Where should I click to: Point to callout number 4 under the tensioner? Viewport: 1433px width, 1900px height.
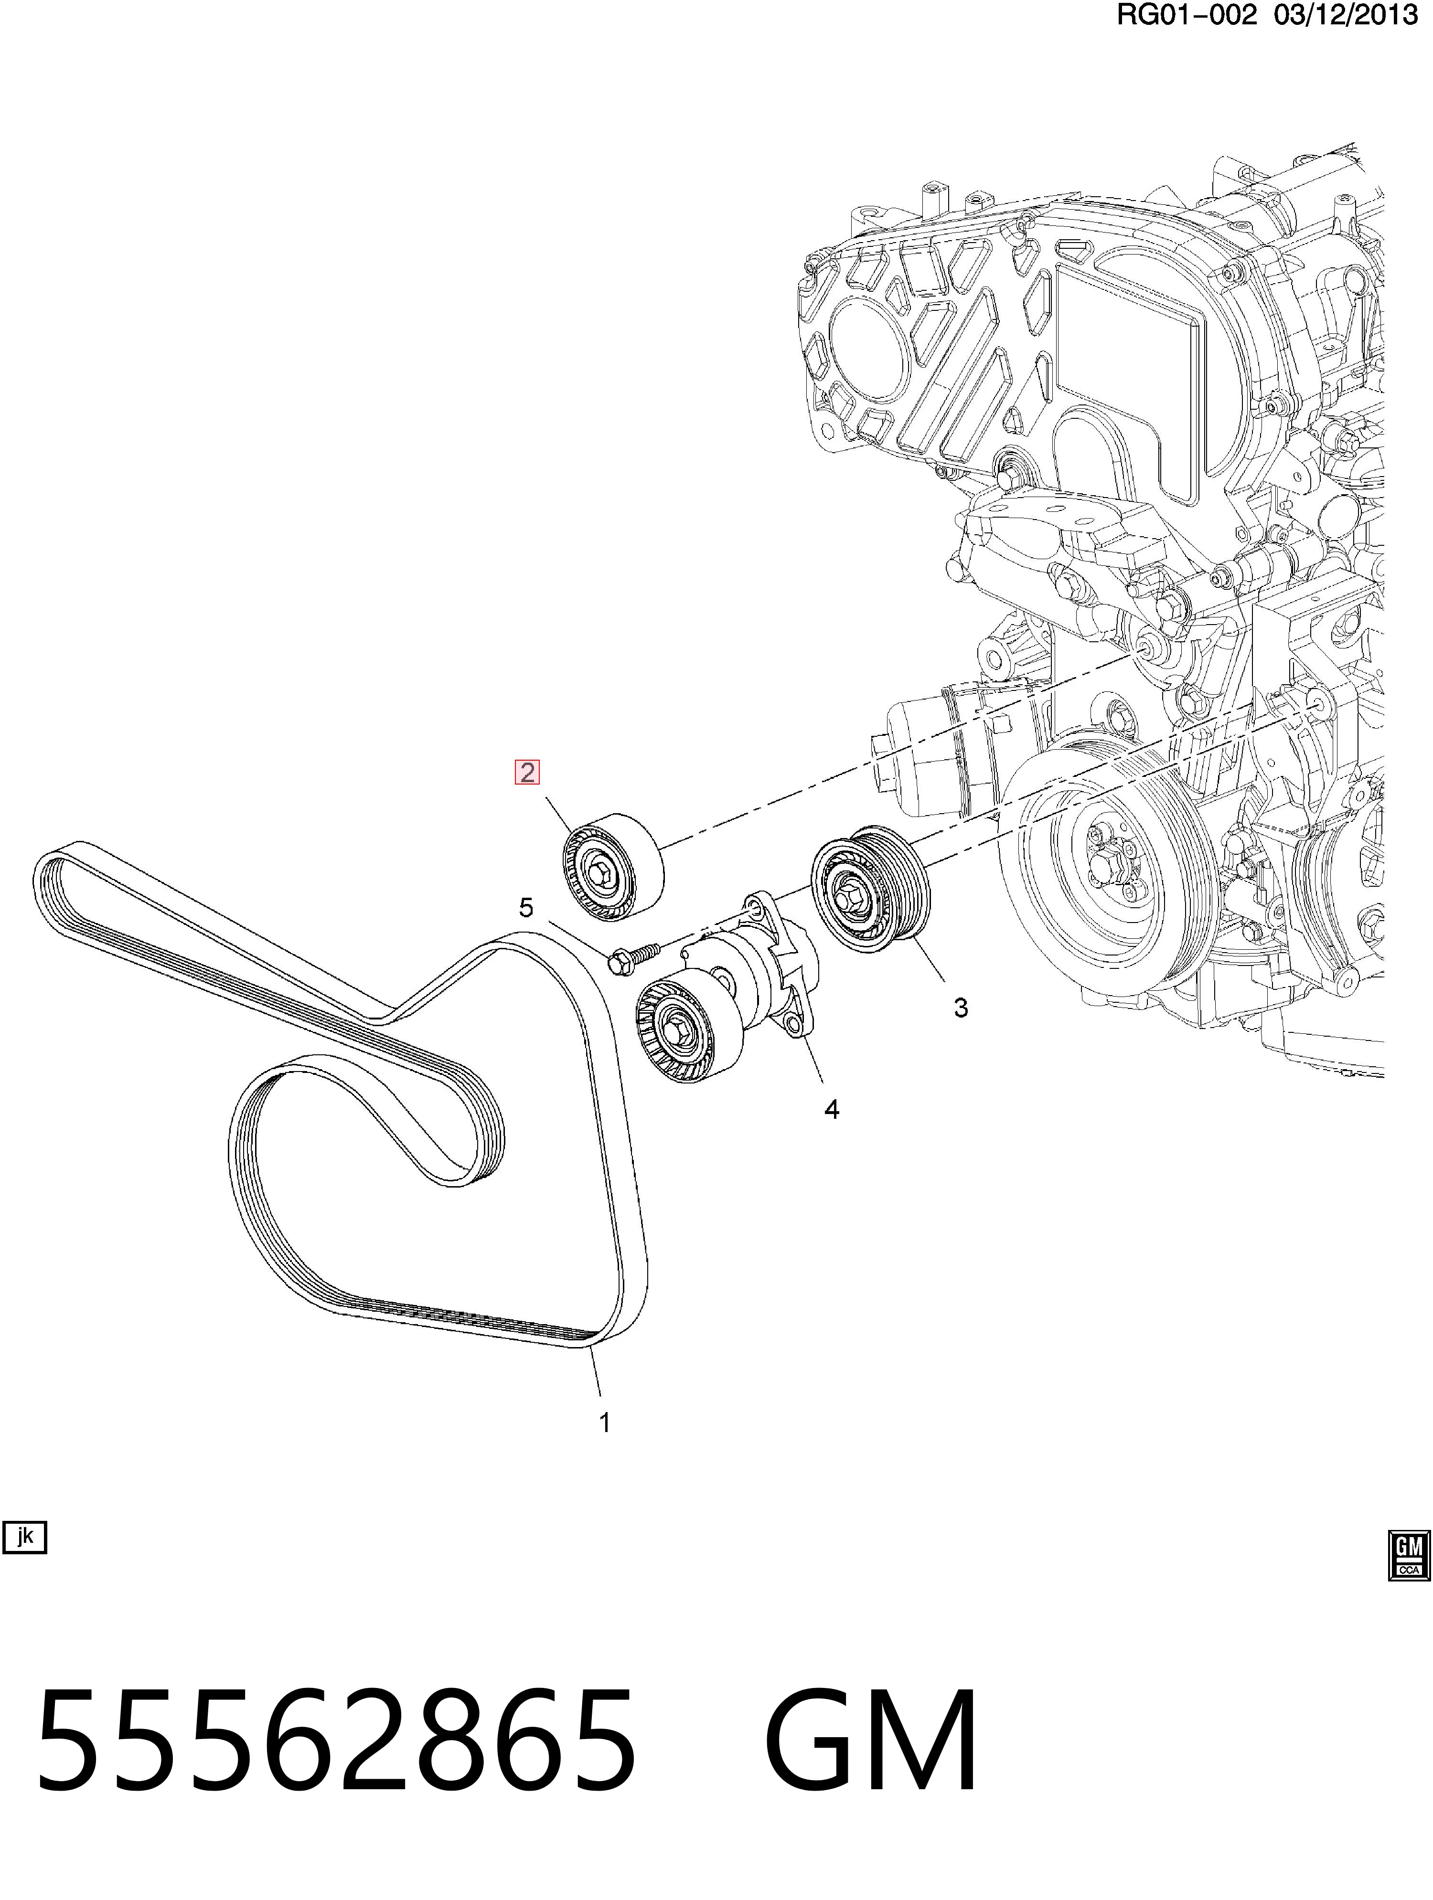[x=832, y=1110]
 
